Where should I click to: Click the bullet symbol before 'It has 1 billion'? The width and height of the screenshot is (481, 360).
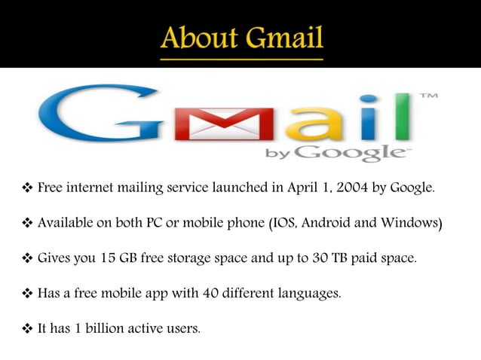point(27,328)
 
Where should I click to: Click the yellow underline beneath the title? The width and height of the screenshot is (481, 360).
point(240,56)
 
